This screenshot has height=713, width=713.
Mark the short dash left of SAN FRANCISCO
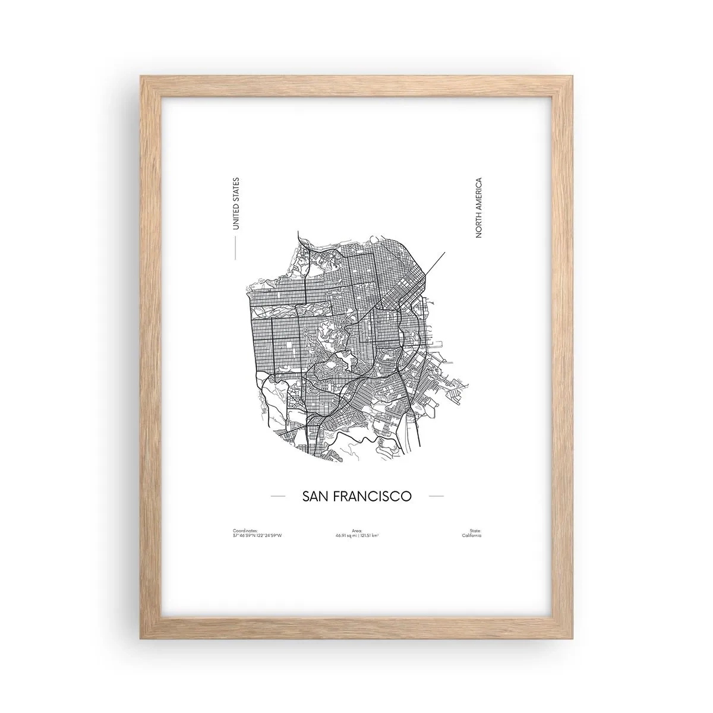click(277, 496)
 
